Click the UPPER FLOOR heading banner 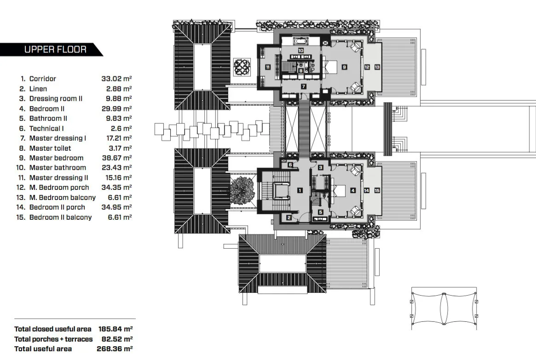click(55, 50)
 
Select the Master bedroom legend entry click(56, 158)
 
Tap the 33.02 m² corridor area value click(116, 79)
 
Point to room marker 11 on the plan click(267, 67)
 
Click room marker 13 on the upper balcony click(377, 67)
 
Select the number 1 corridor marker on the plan click(300, 190)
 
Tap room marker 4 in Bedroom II click(352, 190)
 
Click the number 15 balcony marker click(377, 190)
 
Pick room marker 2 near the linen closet click(289, 218)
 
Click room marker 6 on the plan click(290, 165)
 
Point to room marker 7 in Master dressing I click(304, 86)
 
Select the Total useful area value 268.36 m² click(115, 349)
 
